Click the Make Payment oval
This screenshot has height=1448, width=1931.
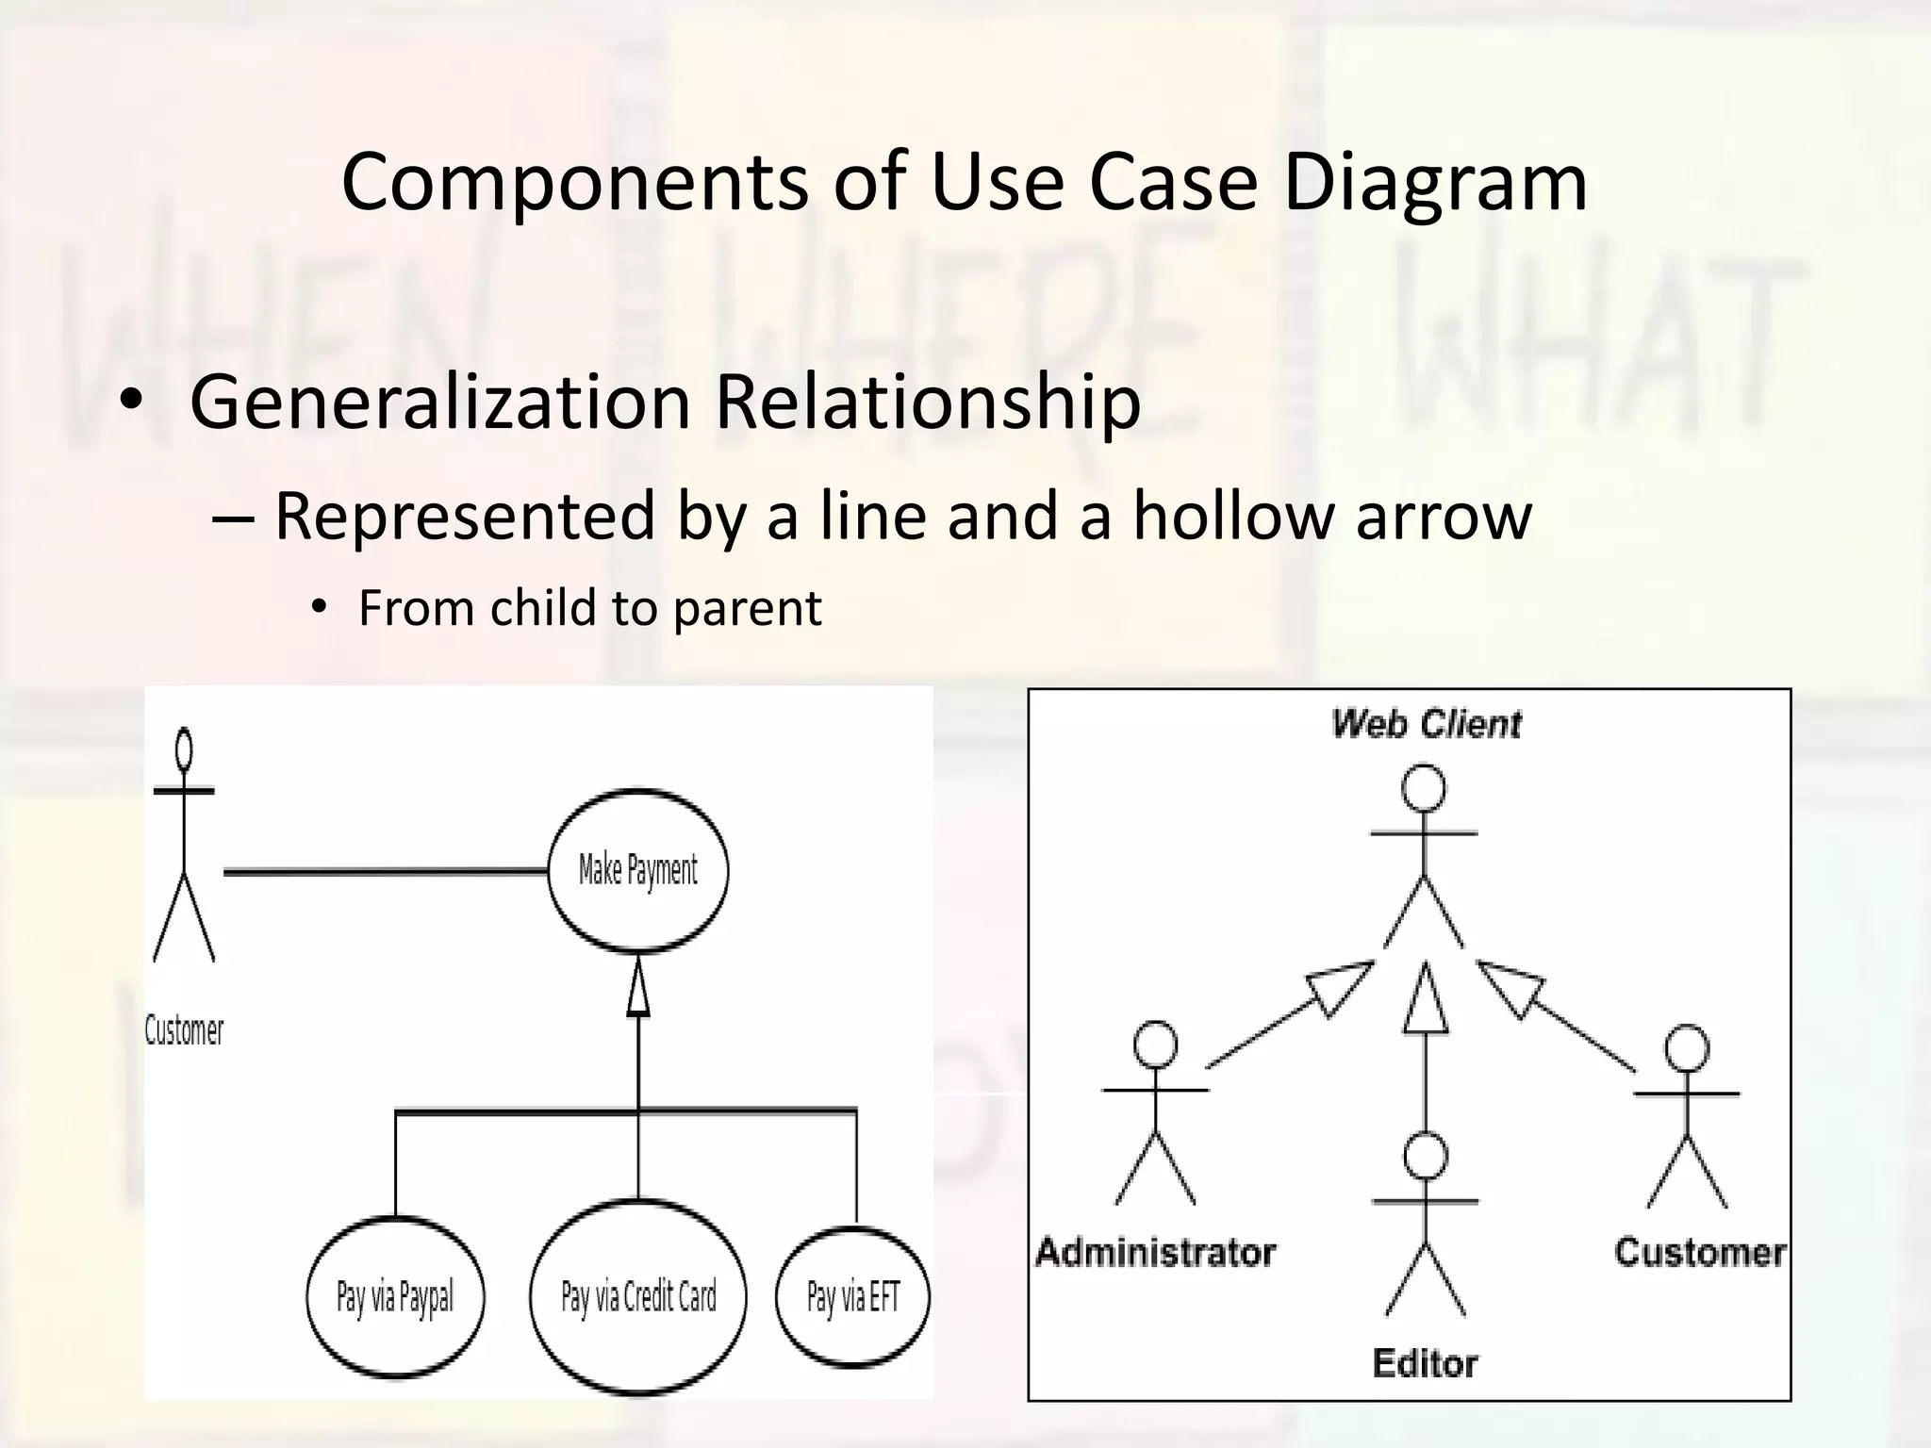(638, 870)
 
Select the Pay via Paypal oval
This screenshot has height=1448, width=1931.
(395, 1297)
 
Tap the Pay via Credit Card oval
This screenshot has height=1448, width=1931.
(638, 1297)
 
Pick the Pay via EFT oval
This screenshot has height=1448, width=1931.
(852, 1297)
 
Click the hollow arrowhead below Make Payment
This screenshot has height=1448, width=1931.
(638, 990)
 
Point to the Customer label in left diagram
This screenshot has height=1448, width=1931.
(184, 1030)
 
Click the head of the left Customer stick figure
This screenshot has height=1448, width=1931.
(185, 749)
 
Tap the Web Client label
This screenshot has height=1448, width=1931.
(1426, 724)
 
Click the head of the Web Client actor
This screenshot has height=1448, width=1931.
(1424, 788)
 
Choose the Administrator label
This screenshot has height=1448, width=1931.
(1155, 1252)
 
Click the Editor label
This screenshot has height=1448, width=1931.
(1425, 1363)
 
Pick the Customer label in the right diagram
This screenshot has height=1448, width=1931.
(1700, 1252)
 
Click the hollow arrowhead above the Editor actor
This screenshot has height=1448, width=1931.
(1425, 1001)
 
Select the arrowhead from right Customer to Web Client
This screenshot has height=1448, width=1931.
(1510, 989)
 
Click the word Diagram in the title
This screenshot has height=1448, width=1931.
(1435, 181)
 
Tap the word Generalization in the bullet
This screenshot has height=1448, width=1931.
(440, 402)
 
